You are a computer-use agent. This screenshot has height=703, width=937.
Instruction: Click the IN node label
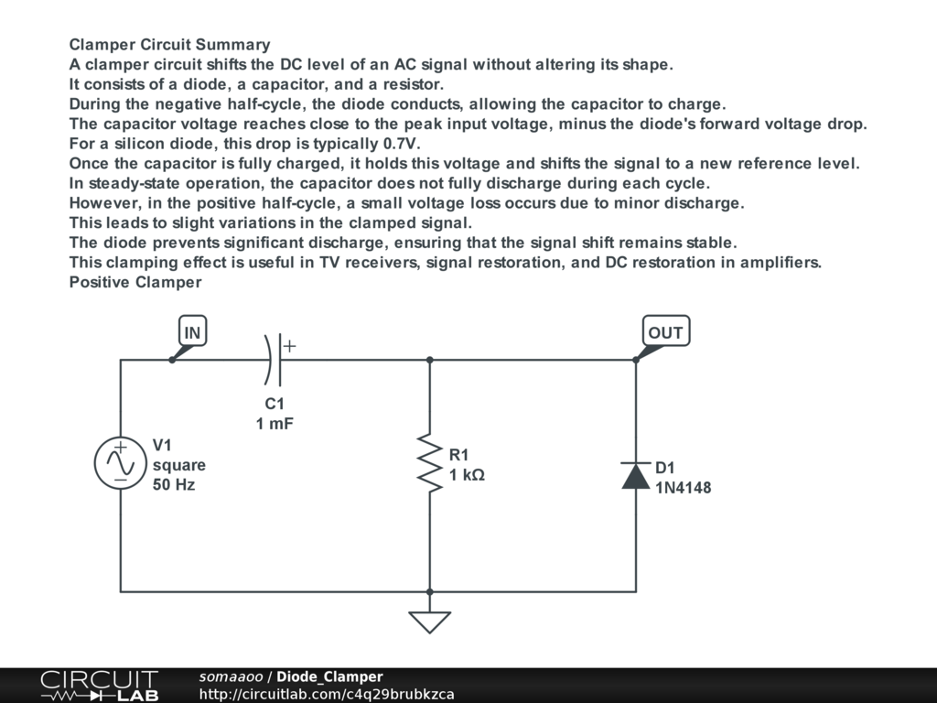pos(192,332)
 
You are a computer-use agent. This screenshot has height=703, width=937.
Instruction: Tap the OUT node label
pos(665,332)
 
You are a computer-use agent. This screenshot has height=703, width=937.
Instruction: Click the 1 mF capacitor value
pos(275,424)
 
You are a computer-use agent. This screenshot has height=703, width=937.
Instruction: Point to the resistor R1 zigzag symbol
pos(429,463)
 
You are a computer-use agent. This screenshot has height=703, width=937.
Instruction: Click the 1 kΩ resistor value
pos(467,475)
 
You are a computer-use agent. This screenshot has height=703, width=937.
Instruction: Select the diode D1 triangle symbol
pos(636,476)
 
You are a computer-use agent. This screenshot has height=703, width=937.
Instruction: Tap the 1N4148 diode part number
pos(683,488)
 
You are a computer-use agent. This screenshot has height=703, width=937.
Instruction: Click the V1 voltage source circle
pos(121,463)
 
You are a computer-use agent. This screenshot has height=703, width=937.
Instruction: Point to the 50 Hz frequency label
pos(174,485)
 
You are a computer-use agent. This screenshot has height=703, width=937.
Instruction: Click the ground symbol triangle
pos(430,622)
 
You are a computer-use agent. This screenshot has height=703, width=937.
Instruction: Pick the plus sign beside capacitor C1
pos(289,346)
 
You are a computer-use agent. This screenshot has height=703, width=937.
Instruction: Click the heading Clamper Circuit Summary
pos(170,45)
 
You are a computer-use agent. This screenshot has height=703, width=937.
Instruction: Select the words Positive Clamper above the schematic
pos(135,282)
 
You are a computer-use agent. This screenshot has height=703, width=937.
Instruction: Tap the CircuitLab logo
pos(99,686)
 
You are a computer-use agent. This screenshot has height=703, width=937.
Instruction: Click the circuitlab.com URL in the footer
pos(327,694)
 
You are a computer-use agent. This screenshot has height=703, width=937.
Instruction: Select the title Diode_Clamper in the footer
pos(329,676)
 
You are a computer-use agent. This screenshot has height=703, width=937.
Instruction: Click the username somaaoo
pos(231,676)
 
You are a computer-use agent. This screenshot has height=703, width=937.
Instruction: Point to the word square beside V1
pos(179,465)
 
